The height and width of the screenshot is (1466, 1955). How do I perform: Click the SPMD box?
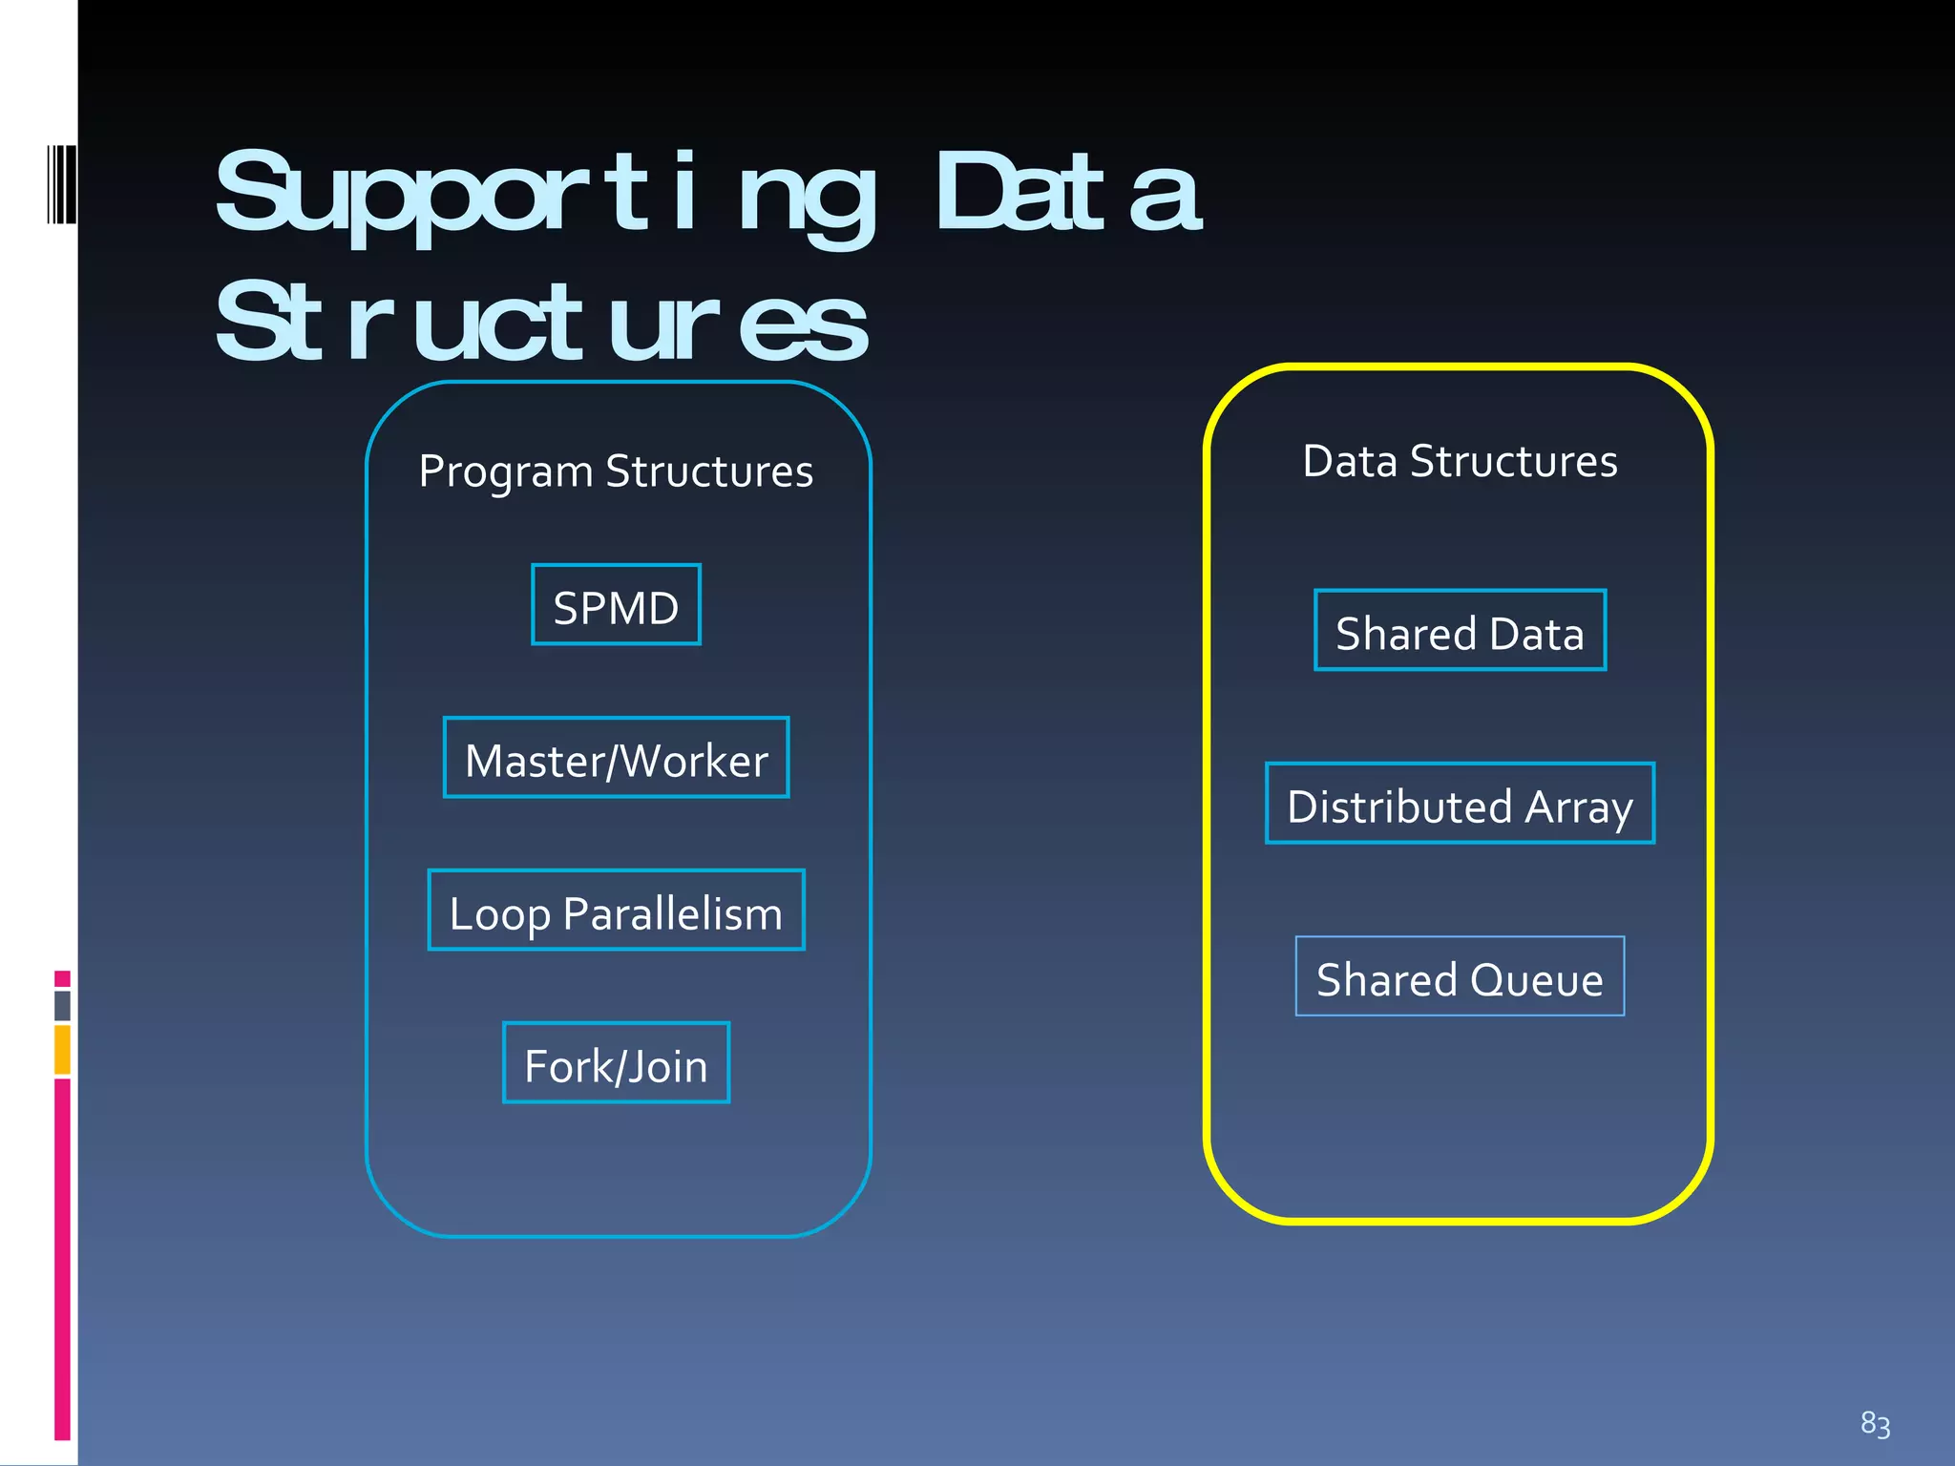coord(616,605)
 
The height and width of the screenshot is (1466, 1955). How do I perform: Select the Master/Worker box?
coord(616,758)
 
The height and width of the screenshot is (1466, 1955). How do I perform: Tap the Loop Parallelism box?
coord(616,911)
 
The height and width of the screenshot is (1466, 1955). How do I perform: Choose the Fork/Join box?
coord(616,1063)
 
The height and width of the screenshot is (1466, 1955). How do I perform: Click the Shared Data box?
coord(1460,631)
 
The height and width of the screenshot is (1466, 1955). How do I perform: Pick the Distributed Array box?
coord(1460,804)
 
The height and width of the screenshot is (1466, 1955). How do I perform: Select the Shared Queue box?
coord(1460,977)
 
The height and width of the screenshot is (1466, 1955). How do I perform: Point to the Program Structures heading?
coord(616,471)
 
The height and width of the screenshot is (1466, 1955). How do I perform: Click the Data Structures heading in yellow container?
coord(1460,461)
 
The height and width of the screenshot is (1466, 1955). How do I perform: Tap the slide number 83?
coord(1875,1424)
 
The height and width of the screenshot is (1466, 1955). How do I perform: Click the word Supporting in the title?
coord(544,195)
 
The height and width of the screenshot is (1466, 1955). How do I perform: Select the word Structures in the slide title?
coord(541,325)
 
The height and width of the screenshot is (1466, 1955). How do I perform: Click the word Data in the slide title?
coord(1067,195)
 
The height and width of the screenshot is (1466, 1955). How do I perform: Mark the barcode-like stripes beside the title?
coord(61,184)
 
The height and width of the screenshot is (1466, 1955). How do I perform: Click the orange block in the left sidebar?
coord(62,1049)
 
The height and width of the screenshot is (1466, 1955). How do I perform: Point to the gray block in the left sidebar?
coord(62,1006)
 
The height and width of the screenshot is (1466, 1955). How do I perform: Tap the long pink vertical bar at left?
coord(62,1258)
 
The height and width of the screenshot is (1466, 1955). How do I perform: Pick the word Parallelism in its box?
coord(672,914)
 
